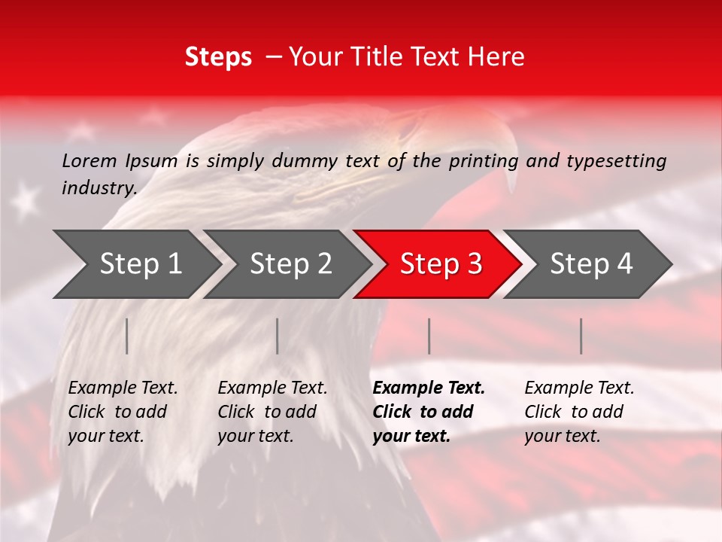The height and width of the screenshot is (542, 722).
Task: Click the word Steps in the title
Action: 218,57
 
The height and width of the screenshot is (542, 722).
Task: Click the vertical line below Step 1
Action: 127,336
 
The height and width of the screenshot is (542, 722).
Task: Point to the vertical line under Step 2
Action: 278,336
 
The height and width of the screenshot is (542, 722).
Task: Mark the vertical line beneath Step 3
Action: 429,336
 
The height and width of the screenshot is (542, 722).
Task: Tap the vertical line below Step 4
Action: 581,336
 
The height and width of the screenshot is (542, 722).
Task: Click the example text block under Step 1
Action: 123,412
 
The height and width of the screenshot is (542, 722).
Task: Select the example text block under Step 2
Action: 272,412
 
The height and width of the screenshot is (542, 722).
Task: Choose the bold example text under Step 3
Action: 429,412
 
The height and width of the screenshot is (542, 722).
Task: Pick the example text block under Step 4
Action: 579,412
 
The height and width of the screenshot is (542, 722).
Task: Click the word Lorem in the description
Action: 89,160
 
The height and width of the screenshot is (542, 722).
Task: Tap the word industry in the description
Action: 99,188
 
